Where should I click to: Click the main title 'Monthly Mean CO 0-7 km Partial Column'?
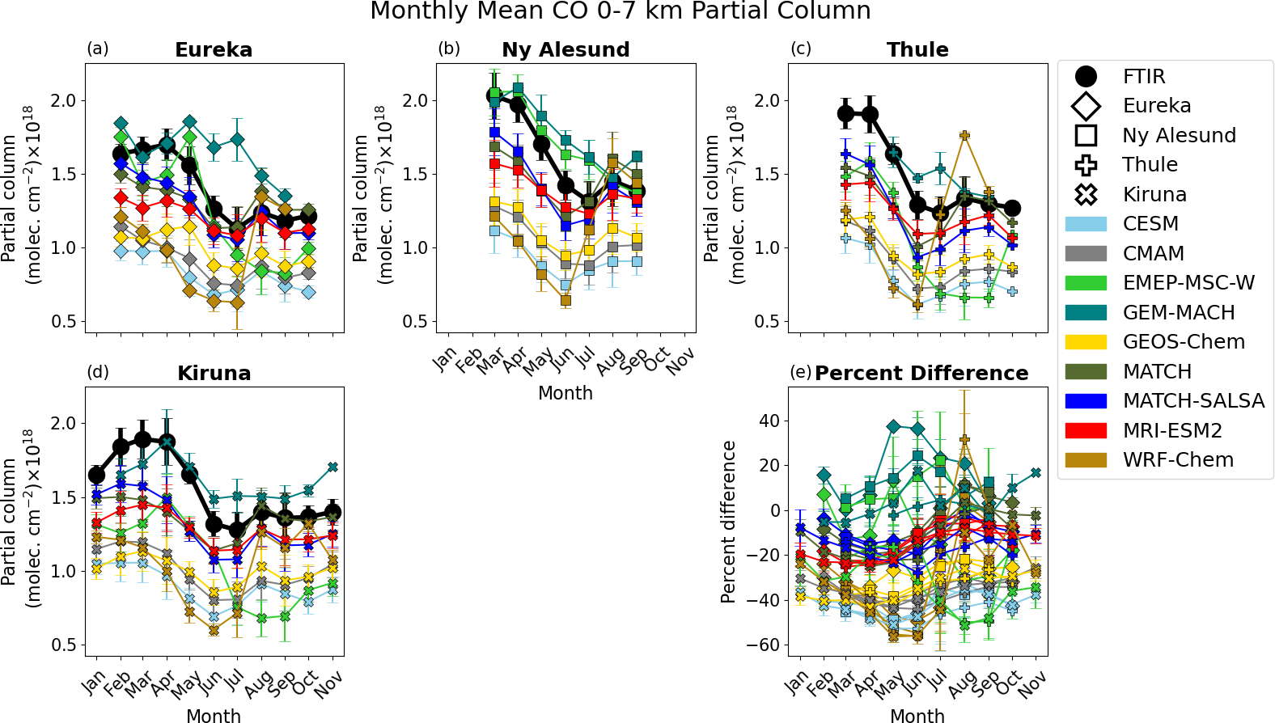click(620, 11)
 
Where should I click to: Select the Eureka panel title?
click(214, 50)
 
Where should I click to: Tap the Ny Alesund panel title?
click(565, 50)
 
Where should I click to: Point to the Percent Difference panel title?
click(921, 374)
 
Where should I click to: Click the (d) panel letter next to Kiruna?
click(98, 372)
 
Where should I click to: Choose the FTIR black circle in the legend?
click(1086, 77)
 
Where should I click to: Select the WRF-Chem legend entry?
click(1178, 460)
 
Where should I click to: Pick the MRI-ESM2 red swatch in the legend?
click(1086, 431)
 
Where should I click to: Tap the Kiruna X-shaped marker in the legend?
click(1086, 195)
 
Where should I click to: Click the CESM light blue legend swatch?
click(1086, 224)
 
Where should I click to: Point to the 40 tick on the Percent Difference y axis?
click(769, 421)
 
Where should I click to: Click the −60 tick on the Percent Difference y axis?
click(765, 645)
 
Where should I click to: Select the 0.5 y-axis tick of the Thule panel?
click(767, 322)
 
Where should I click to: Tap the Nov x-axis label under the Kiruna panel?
click(328, 684)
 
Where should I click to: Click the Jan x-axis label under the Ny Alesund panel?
click(445, 359)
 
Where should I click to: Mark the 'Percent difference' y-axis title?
click(728, 522)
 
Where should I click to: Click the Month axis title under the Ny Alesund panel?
click(565, 393)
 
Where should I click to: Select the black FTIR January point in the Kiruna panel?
click(96, 476)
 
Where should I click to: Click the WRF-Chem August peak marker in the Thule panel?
click(964, 136)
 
